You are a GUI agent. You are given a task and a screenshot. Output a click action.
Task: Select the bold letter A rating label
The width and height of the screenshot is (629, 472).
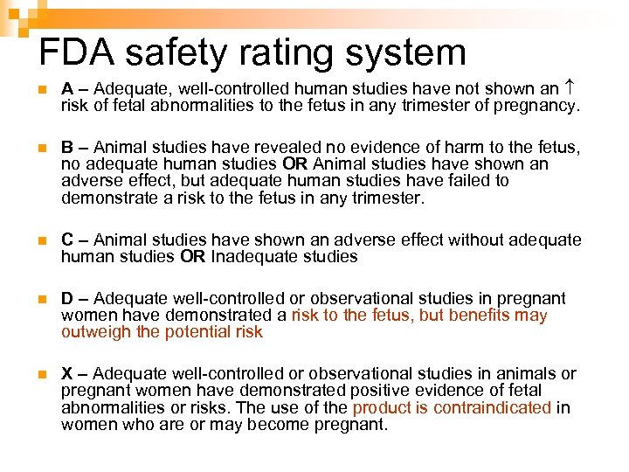(67, 89)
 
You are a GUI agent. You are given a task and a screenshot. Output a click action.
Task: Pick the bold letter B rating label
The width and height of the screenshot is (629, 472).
(67, 147)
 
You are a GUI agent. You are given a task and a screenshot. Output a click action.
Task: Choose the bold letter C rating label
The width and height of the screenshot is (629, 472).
(67, 239)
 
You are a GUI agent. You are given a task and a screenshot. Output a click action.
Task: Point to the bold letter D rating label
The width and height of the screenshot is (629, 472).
(67, 299)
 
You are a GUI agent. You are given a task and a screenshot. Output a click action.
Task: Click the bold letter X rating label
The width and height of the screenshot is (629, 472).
(67, 374)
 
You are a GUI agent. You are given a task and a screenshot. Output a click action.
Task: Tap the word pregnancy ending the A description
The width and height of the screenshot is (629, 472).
(538, 107)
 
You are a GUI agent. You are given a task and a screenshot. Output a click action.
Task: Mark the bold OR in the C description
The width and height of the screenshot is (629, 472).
(193, 257)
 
